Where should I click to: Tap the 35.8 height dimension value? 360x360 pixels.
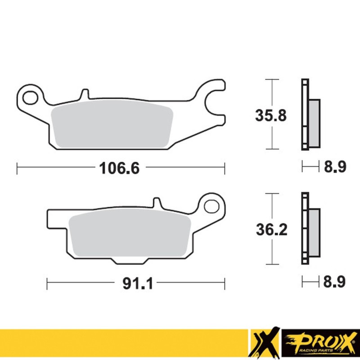(x=271, y=116)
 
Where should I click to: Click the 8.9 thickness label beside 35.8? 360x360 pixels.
(x=334, y=167)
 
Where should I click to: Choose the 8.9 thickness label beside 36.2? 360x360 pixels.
(x=334, y=282)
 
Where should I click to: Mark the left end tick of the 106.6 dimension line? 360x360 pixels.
(x=17, y=168)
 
